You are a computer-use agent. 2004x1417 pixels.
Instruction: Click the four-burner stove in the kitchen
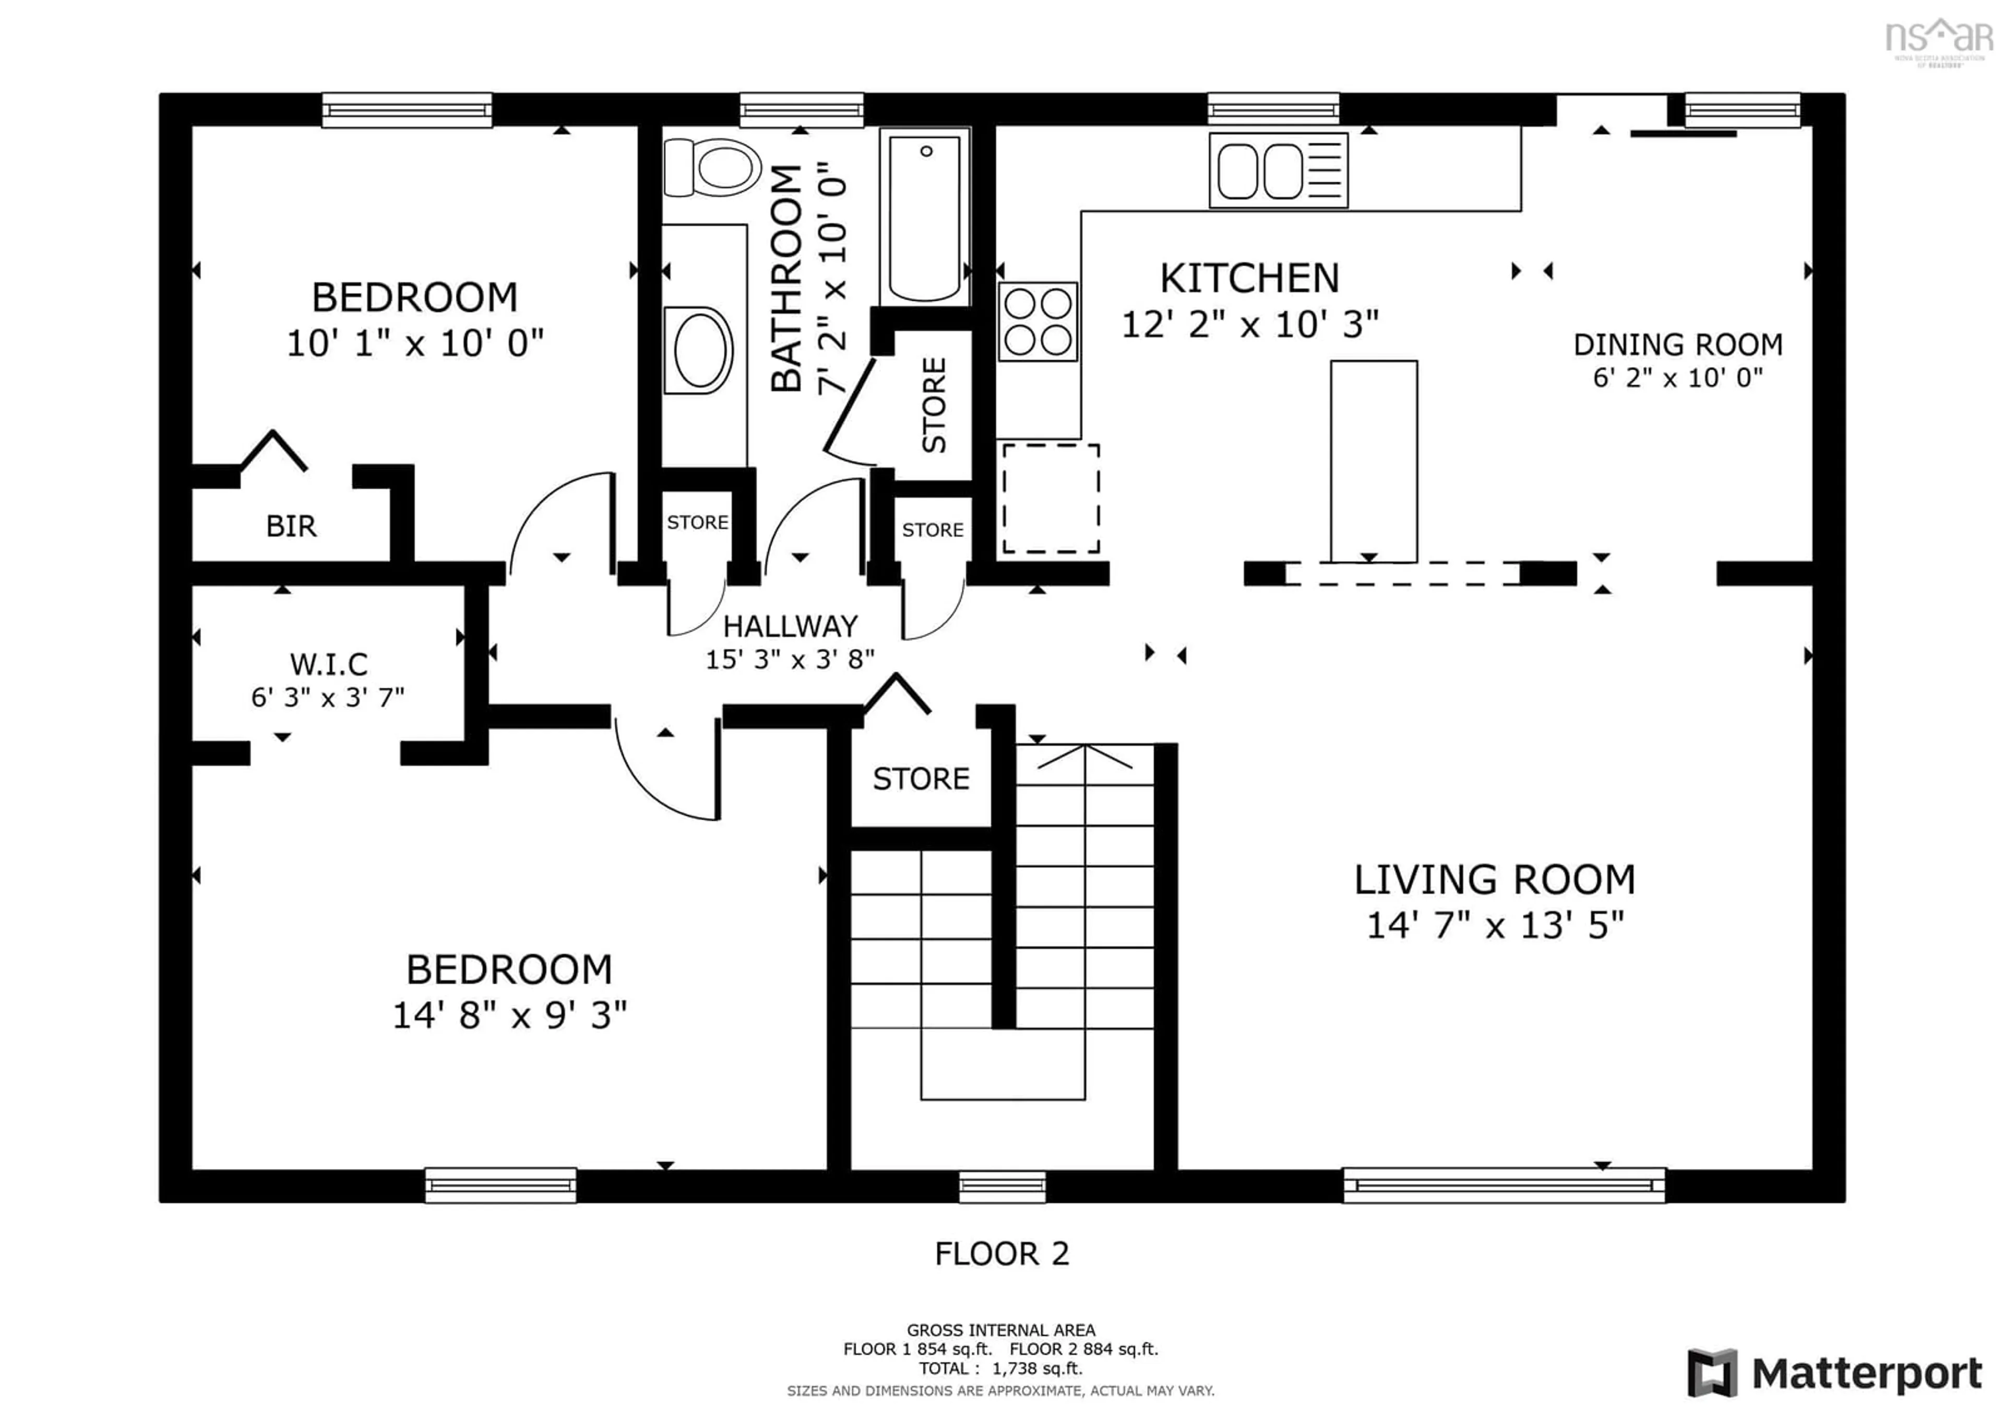tap(1038, 321)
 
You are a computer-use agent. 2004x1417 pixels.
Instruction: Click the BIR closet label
tap(291, 526)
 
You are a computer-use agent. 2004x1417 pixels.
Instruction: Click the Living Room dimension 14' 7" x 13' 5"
tap(1494, 926)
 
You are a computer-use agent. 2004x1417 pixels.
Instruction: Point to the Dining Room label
tap(1677, 345)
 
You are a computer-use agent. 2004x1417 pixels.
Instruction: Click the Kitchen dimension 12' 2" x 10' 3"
tap(1249, 325)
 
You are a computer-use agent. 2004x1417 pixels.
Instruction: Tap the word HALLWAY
tap(790, 626)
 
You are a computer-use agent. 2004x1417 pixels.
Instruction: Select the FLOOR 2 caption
tap(1001, 1254)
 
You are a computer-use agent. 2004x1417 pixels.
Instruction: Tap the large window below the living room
tap(1503, 1185)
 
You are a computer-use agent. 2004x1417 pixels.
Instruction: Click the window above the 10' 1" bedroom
tap(407, 110)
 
